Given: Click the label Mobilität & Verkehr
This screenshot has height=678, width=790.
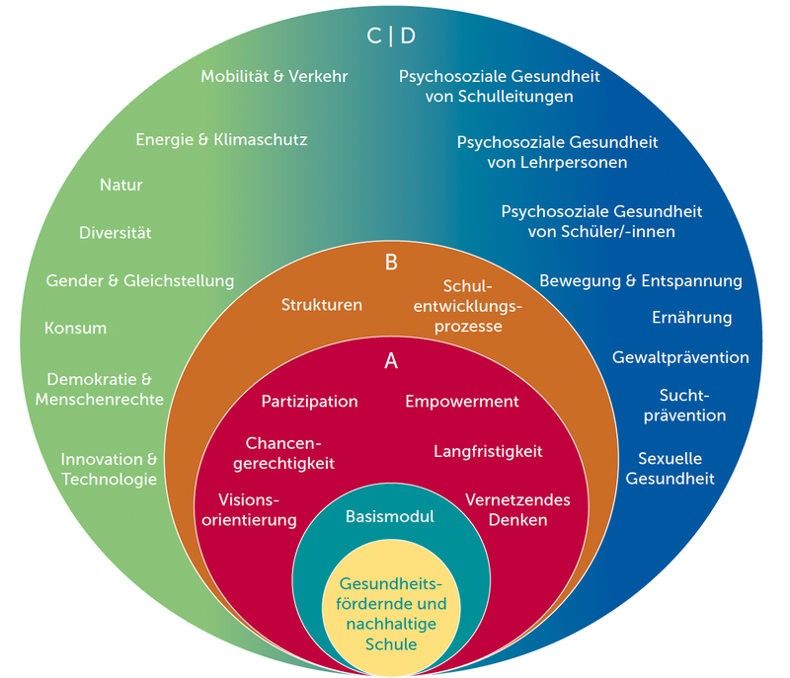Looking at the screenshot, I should click(275, 76).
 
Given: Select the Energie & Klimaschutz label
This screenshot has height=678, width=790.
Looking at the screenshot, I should click(221, 140).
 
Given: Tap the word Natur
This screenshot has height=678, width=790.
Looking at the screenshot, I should click(121, 185).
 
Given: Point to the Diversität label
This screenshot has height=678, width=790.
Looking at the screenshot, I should click(116, 233).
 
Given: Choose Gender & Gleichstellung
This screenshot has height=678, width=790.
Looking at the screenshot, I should click(140, 280).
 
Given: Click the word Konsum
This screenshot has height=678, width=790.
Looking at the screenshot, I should click(75, 328).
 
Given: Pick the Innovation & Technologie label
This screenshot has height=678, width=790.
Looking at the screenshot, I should click(109, 469).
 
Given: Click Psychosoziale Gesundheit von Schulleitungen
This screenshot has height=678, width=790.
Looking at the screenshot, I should click(500, 86).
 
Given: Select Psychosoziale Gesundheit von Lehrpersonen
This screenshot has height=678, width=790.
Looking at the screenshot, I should click(557, 152).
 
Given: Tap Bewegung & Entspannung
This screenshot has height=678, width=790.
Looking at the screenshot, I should click(640, 280).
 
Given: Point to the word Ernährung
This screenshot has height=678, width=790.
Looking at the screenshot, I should click(691, 318).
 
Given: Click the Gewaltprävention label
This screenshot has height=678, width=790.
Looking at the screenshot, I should click(680, 357).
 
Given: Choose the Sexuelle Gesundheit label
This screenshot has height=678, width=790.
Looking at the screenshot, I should click(675, 469).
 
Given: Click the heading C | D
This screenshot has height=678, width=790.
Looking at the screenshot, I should click(391, 37).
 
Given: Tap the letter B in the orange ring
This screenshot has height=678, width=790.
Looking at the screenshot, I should click(391, 263).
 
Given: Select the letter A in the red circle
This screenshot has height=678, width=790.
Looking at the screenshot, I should click(391, 361).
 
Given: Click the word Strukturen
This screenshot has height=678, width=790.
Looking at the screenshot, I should click(322, 304).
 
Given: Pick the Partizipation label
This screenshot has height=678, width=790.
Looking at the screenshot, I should click(309, 402).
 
